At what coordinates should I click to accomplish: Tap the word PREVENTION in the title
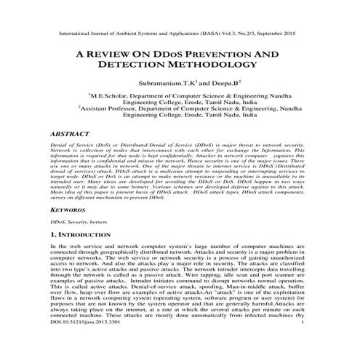pyautogui.click(x=231, y=54)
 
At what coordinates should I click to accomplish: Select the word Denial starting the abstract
pyautogui.click(x=60, y=148)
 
